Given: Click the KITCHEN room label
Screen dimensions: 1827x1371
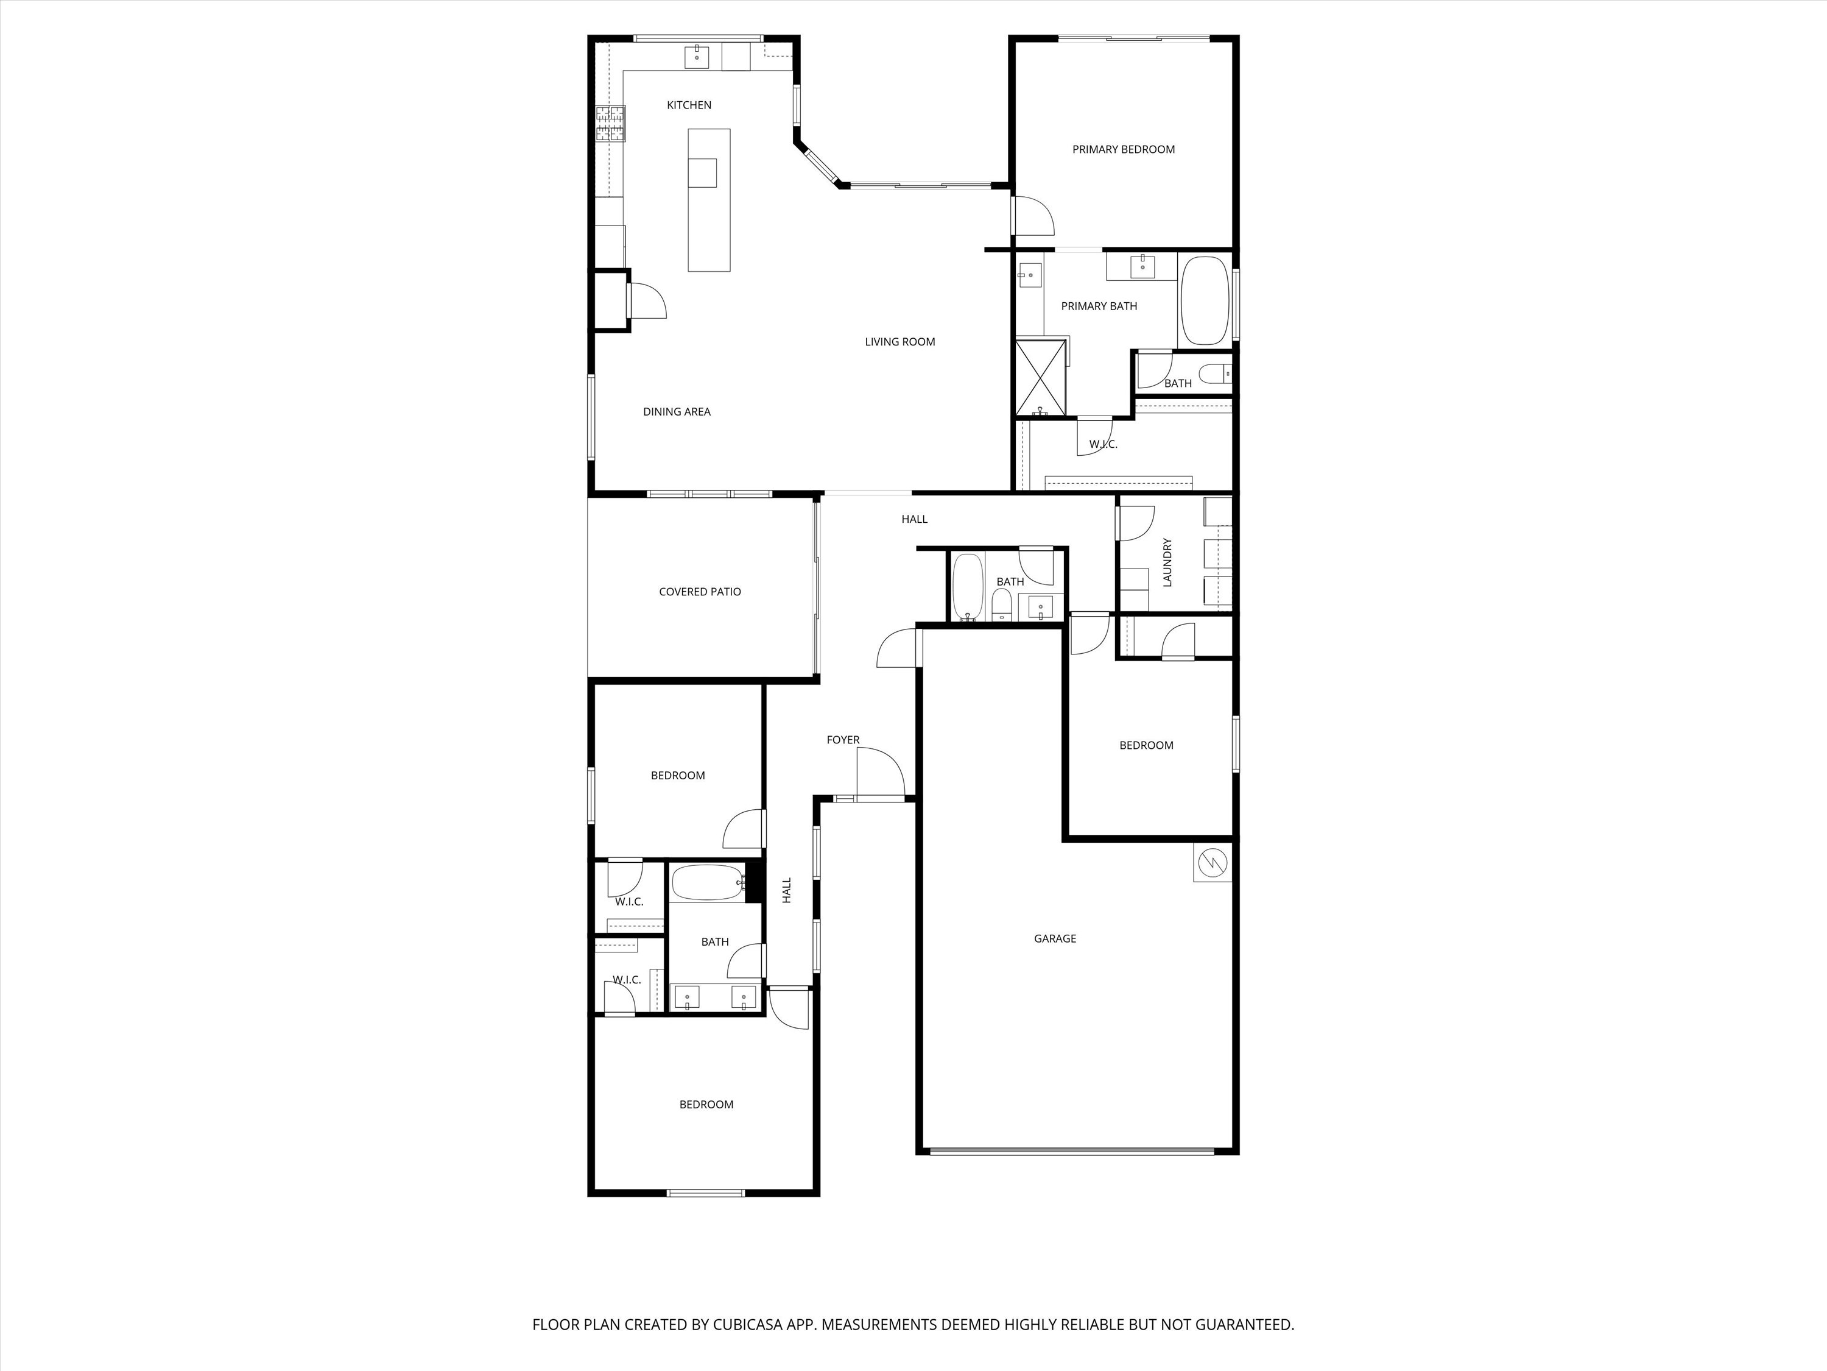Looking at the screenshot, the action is pos(689,105).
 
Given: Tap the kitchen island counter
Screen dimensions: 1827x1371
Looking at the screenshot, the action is pos(709,199).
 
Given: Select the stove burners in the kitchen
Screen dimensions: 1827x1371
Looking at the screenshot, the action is pos(610,124).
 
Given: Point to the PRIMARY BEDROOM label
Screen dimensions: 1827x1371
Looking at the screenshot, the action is pos(1123,149).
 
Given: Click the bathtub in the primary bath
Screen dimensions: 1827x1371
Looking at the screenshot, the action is pos(1205,301).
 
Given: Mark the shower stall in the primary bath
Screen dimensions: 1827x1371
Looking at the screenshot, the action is pos(1041,376).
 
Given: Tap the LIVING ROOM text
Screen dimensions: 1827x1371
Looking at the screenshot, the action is pos(899,341).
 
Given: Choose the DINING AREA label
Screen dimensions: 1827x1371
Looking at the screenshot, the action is pos(677,411).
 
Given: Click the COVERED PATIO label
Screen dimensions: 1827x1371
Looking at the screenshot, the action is pos(700,592).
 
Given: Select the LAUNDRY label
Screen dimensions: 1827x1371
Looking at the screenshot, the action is pos(1167,563).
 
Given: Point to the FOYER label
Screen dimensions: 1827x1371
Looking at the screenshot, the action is pos(842,740).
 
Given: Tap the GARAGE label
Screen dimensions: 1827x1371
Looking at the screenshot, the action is pos(1055,939).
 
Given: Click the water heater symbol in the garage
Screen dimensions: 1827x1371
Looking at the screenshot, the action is pos(1212,863).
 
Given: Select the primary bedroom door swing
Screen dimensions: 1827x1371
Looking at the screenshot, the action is pos(1033,216).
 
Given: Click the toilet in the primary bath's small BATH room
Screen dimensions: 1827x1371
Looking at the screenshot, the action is pos(1215,374).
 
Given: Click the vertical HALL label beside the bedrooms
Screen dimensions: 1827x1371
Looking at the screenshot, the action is pos(786,890).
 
